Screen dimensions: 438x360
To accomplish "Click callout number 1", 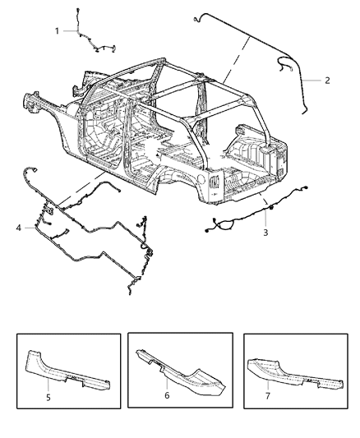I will (57, 30).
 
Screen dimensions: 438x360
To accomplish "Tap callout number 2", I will (327, 80).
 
